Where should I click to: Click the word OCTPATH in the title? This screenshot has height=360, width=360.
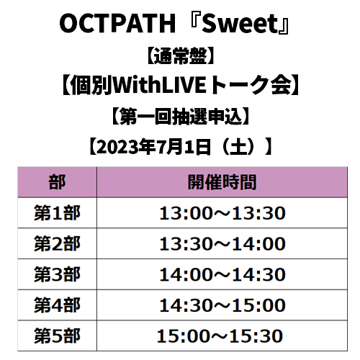pyautogui.click(x=118, y=24)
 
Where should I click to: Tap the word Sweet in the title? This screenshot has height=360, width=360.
pyautogui.click(x=240, y=24)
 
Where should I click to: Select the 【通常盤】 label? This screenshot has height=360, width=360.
pyautogui.click(x=180, y=56)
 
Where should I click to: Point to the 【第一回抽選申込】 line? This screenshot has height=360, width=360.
pyautogui.click(x=180, y=117)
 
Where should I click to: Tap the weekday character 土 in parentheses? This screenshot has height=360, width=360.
pyautogui.click(x=238, y=147)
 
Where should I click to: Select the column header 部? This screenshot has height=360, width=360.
pyautogui.click(x=57, y=182)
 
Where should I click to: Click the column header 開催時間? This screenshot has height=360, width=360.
pyautogui.click(x=222, y=182)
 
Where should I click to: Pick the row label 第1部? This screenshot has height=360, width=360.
pyautogui.click(x=57, y=213)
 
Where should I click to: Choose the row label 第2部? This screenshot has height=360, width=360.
pyautogui.click(x=57, y=243)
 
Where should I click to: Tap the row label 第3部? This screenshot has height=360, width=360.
pyautogui.click(x=57, y=274)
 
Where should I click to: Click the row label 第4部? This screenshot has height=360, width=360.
pyautogui.click(x=57, y=305)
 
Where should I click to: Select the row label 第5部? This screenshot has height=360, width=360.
pyautogui.click(x=57, y=336)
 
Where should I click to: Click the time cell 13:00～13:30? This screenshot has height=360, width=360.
pyautogui.click(x=222, y=213)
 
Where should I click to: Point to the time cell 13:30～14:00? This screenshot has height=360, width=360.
pyautogui.click(x=222, y=243)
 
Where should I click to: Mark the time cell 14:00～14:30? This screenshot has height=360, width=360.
pyautogui.click(x=222, y=274)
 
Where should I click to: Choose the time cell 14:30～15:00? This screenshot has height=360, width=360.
pyautogui.click(x=222, y=305)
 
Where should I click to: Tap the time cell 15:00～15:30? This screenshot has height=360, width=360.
pyautogui.click(x=220, y=336)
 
